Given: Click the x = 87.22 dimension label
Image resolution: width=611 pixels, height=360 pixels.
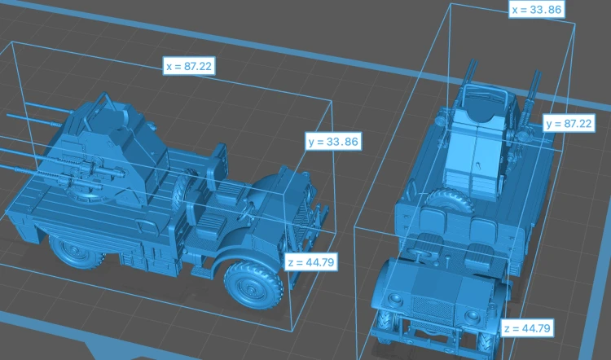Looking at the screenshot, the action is pyautogui.click(x=189, y=66).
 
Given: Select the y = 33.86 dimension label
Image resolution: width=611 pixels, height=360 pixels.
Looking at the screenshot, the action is pyautogui.click(x=333, y=142).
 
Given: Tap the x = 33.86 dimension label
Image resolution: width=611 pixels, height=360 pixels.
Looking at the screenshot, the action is pyautogui.click(x=538, y=9).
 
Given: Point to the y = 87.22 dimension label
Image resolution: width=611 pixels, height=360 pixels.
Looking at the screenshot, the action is pyautogui.click(x=569, y=124).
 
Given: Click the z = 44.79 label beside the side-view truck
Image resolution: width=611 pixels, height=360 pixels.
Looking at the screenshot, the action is pyautogui.click(x=311, y=262).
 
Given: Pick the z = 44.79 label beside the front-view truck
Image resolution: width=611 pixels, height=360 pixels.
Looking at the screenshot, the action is pyautogui.click(x=527, y=328).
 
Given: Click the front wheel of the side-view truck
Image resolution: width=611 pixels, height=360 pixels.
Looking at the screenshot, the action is pyautogui.click(x=253, y=284).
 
